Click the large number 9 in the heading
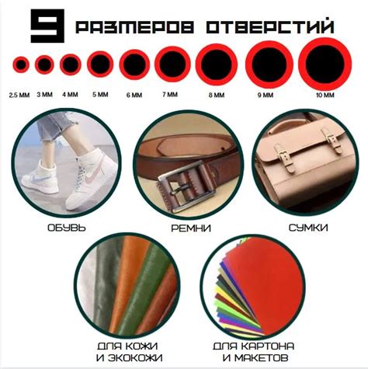pos(47,26)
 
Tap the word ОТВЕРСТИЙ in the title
pos(269,26)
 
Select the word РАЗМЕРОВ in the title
pos(134,27)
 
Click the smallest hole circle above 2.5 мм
pos(21,64)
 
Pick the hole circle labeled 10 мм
pos(325,64)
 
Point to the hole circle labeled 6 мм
pos(134,64)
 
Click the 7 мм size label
pos(170,95)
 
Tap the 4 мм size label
pos(70,95)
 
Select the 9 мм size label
pos(266,95)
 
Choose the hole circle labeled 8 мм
pos(217,64)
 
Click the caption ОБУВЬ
pos(67,228)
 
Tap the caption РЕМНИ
pos(191,228)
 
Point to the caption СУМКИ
pos(308,228)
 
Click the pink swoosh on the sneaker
pos(92,172)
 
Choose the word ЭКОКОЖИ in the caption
pos(135,358)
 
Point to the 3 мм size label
pos(44,95)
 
